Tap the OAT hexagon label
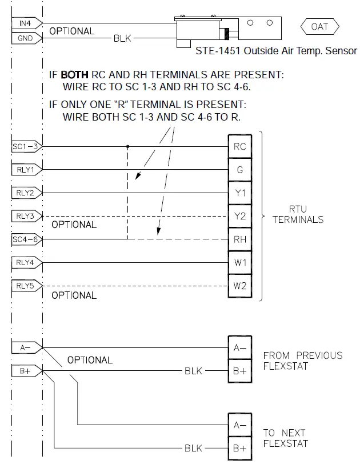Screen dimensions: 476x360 (x=319, y=27)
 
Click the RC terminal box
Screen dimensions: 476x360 (x=239, y=146)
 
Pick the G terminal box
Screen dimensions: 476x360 (x=239, y=170)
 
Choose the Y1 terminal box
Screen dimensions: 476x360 (x=239, y=193)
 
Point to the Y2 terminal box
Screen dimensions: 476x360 (x=239, y=217)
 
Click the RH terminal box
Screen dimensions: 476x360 (x=239, y=239)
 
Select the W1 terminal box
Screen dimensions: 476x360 (x=239, y=263)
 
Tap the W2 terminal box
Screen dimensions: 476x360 (x=239, y=286)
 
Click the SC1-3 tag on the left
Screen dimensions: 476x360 (x=25, y=146)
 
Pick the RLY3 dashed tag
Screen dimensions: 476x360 (x=25, y=217)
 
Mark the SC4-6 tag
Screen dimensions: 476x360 (x=25, y=239)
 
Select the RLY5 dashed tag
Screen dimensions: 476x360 (x=25, y=286)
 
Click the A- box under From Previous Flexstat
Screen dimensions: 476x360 (x=239, y=347)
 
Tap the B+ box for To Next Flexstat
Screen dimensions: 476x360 (x=239, y=449)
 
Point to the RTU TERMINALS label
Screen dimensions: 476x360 (x=298, y=215)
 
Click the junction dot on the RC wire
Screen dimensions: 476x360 (x=127, y=146)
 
